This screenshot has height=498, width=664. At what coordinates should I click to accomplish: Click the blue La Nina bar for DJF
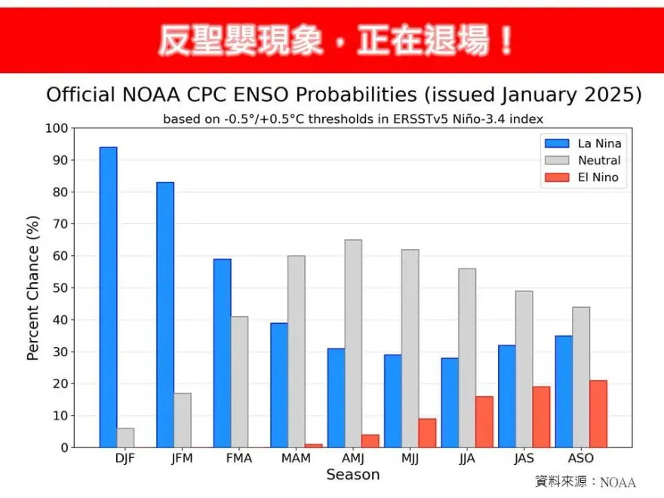coord(108,297)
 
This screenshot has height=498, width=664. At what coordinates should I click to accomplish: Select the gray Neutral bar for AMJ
coord(353,343)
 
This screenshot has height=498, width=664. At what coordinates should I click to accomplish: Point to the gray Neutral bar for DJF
coord(125,438)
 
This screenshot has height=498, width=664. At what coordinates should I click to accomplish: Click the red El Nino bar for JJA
coord(484,422)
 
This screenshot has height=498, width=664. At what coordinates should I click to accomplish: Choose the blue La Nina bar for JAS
coord(506,396)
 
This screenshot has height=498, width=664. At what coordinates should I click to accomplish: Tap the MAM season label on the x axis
coord(297,459)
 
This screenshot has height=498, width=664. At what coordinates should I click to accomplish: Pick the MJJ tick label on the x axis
coord(410,459)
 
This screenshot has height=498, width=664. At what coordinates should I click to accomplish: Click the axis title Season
coord(352,475)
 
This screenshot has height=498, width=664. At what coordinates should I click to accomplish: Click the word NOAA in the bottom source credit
coord(618,482)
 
